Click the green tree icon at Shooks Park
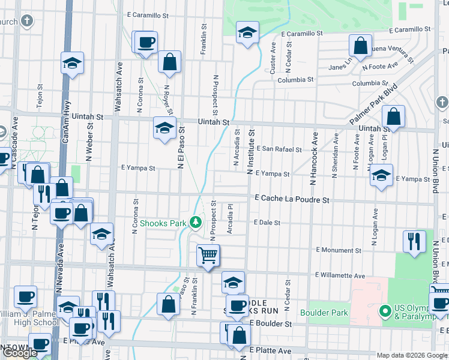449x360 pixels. click(195, 223)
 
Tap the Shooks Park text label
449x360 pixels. click(159, 223)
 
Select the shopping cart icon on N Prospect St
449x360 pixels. click(208, 256)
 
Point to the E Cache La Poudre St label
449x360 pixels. click(292, 199)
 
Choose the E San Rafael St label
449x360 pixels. click(279, 149)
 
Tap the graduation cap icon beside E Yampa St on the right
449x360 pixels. click(381, 176)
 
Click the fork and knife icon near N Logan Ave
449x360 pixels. click(414, 241)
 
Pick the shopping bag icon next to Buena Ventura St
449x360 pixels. click(360, 46)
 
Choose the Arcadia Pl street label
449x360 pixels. click(230, 220)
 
